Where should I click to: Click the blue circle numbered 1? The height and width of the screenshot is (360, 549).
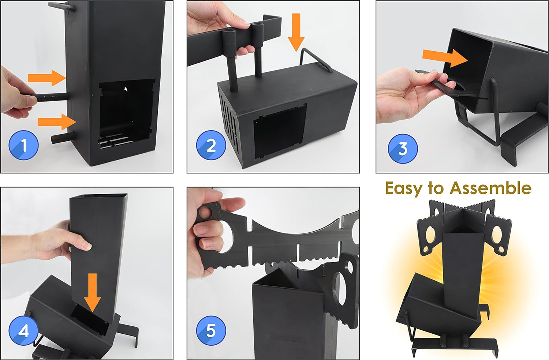[x=23, y=145]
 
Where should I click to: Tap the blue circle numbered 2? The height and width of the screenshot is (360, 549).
[x=211, y=145]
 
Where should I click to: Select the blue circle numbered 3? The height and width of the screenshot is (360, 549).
[x=403, y=149]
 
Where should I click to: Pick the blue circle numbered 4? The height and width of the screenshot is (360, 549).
[x=23, y=331]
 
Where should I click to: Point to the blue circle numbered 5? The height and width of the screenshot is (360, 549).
[x=211, y=331]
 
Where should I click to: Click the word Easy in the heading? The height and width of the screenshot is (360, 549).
[x=403, y=189]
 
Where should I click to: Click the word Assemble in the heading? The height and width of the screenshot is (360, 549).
[x=490, y=188]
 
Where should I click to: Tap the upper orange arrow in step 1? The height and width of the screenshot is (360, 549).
[x=46, y=78]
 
